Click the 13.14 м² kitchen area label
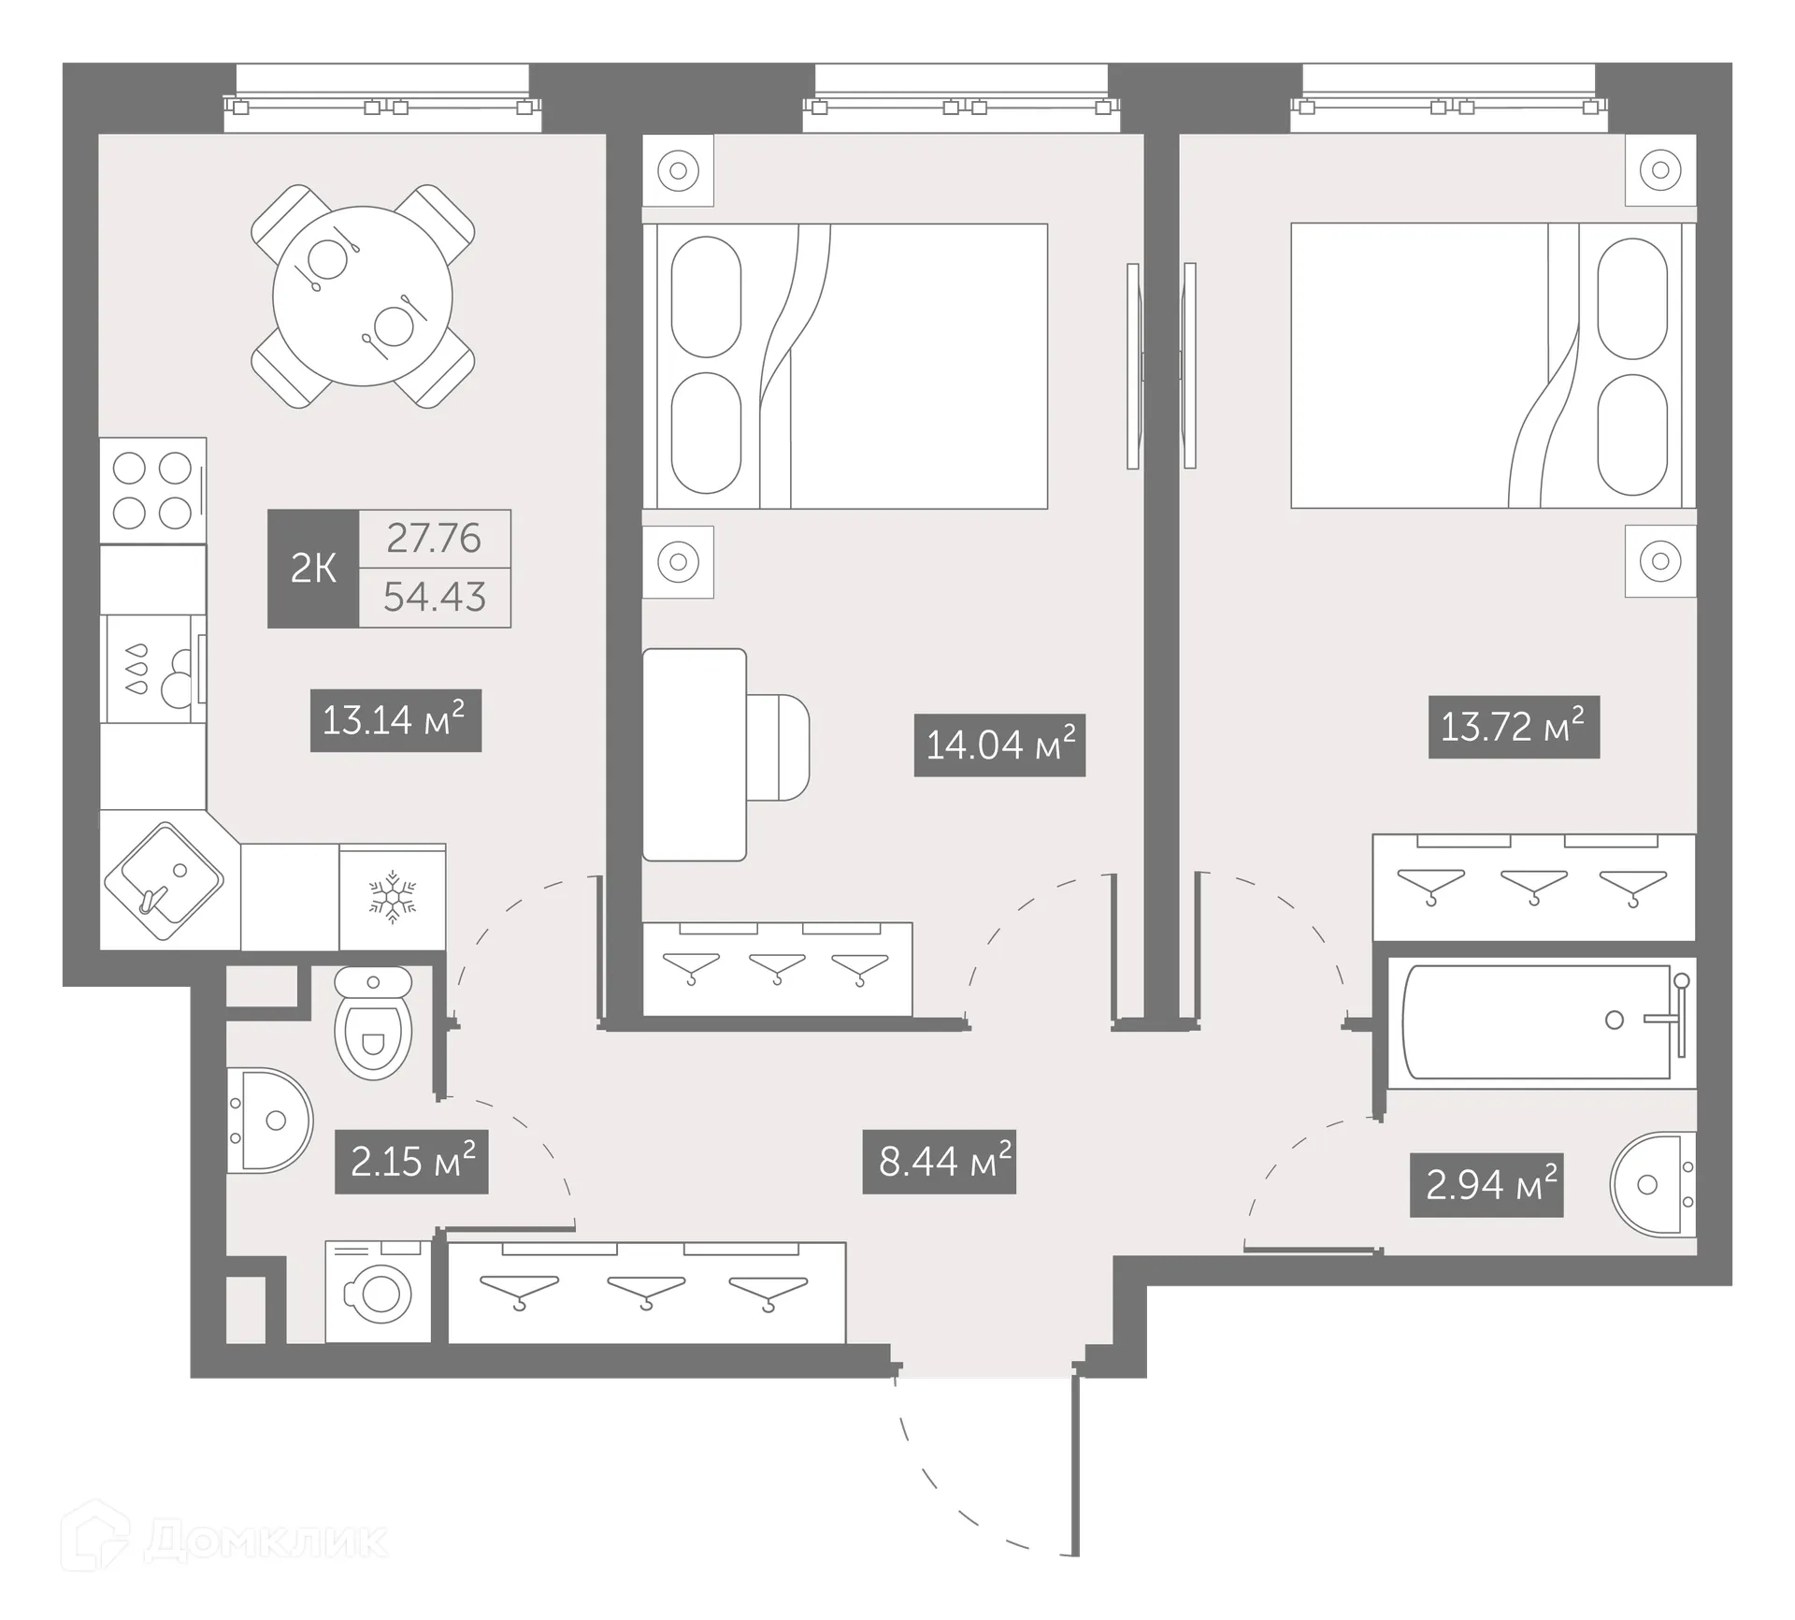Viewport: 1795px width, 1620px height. coord(395,720)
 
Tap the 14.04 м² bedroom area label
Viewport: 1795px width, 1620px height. coord(999,745)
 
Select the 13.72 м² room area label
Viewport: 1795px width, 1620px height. coord(1514,727)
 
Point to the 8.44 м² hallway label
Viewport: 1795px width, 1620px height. coord(939,1163)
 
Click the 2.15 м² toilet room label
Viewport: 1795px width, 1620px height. coord(411,1163)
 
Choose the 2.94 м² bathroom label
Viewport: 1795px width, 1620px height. coord(1486,1186)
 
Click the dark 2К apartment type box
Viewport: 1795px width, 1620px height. coord(313,568)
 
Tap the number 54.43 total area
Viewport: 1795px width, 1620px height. coord(435,597)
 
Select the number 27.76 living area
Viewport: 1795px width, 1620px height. coord(435,539)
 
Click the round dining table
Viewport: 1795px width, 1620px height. coord(363,297)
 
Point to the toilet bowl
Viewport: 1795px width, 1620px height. coord(373,1029)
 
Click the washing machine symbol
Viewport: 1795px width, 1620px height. coord(379,1294)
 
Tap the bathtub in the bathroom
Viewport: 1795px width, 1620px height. coord(1538,1021)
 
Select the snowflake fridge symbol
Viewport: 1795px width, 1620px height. coord(393,898)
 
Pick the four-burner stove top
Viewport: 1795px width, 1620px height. coord(152,490)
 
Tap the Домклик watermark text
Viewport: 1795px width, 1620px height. coord(266,1541)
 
